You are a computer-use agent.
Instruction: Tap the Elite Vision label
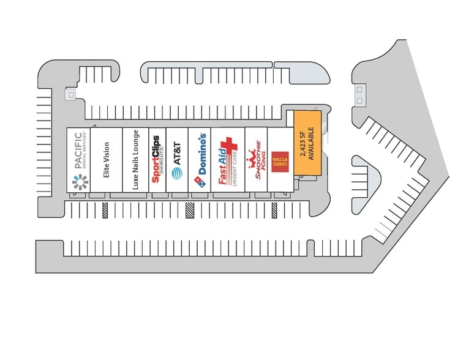pyautogui.click(x=106, y=160)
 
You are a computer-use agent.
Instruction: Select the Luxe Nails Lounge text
pyautogui.click(x=136, y=159)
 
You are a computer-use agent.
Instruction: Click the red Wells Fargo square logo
pyautogui.click(x=280, y=162)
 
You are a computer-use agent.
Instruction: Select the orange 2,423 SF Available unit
pyautogui.click(x=307, y=142)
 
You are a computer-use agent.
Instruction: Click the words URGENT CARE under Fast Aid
pyautogui.click(x=235, y=167)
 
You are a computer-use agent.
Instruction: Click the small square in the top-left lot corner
pyautogui.click(x=71, y=95)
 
